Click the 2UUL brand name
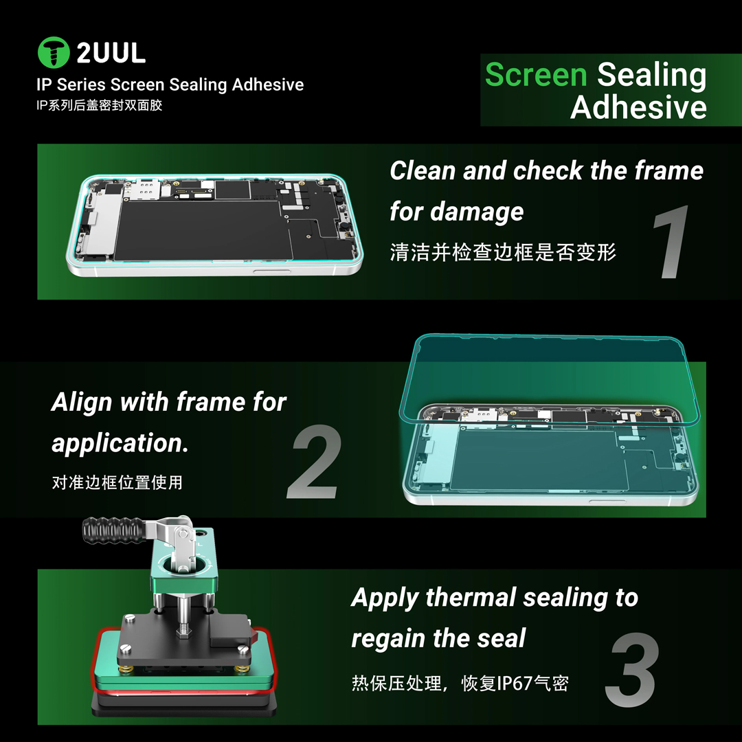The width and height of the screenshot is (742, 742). [x=111, y=53]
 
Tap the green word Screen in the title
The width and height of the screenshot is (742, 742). [x=536, y=74]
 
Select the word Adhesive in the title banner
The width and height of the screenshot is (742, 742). [x=638, y=107]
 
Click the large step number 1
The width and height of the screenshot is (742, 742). [x=670, y=244]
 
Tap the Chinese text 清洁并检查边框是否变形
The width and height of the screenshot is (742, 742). [x=503, y=252]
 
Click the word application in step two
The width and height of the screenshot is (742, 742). [x=120, y=443]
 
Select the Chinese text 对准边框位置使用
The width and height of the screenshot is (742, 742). [x=117, y=482]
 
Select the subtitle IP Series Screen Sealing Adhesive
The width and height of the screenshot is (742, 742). [x=170, y=85]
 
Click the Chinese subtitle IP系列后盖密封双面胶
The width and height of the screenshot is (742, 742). [x=100, y=106]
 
